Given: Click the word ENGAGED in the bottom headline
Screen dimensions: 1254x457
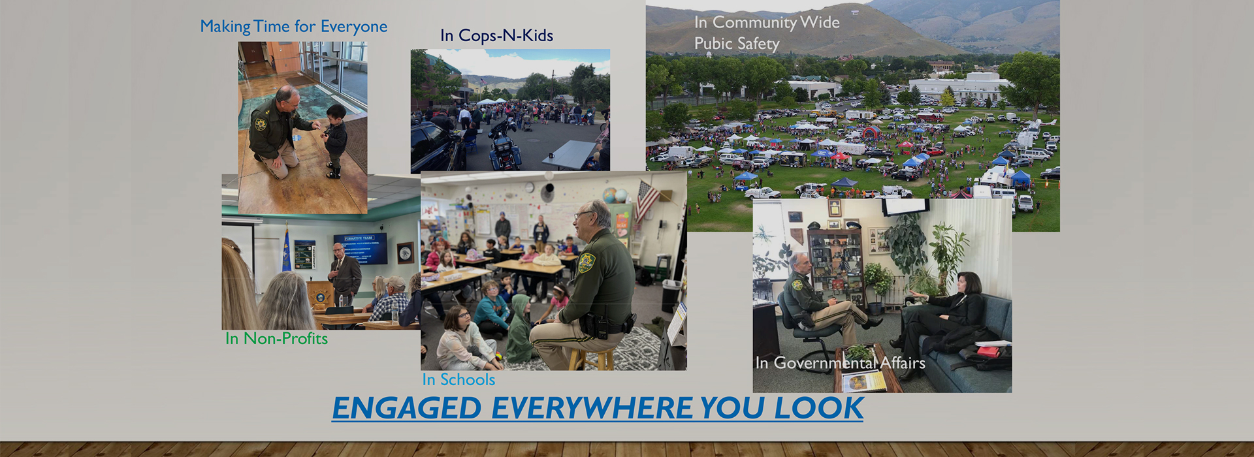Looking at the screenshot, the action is [407, 408].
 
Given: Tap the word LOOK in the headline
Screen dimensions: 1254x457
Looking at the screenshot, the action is [819, 408].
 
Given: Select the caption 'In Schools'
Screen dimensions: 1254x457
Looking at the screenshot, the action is [458, 379].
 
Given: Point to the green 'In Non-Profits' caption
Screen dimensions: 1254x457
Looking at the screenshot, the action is [276, 338].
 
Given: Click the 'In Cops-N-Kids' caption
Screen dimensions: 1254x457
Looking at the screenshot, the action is [496, 35].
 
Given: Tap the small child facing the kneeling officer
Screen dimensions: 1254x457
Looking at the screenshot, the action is [335, 140].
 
